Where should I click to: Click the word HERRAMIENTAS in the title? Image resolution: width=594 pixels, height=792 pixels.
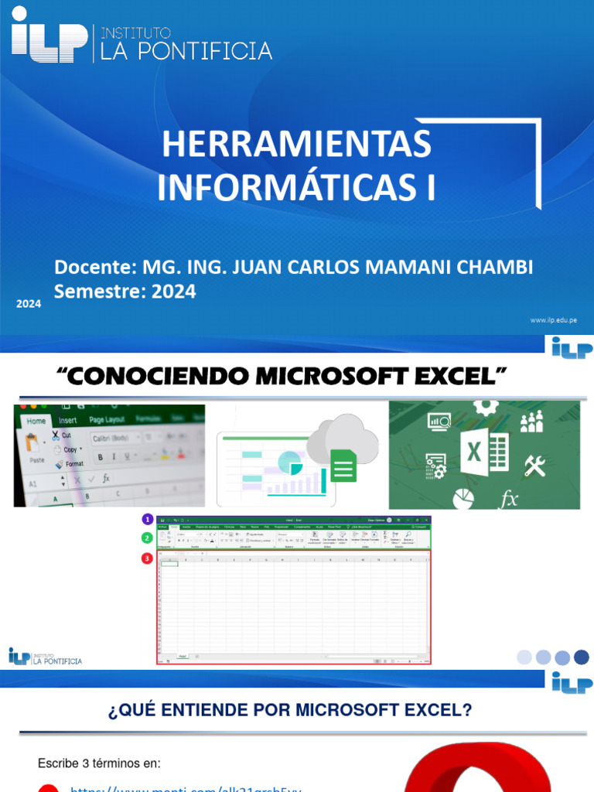pos(295,145)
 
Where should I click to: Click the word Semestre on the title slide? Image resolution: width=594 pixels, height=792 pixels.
pos(96,292)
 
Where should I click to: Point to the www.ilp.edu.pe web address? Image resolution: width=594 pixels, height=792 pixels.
pos(553,319)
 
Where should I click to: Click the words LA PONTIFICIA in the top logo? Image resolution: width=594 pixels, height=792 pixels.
pos(183,51)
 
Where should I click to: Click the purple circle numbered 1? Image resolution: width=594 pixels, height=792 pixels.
pos(147,519)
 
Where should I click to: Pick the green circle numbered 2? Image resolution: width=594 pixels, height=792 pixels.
pos(147,538)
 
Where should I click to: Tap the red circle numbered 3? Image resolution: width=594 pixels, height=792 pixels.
pos(147,558)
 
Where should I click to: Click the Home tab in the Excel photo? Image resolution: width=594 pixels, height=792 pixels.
pos(36,422)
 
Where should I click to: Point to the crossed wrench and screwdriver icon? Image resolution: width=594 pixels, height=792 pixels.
pos(534,465)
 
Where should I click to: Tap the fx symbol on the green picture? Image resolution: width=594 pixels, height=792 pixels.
pos(509,499)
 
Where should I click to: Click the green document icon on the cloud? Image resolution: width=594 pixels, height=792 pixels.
pos(343,465)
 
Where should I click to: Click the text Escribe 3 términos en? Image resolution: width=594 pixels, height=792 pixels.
pos(99,763)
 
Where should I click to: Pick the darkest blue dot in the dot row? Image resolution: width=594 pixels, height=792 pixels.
pos(582,657)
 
